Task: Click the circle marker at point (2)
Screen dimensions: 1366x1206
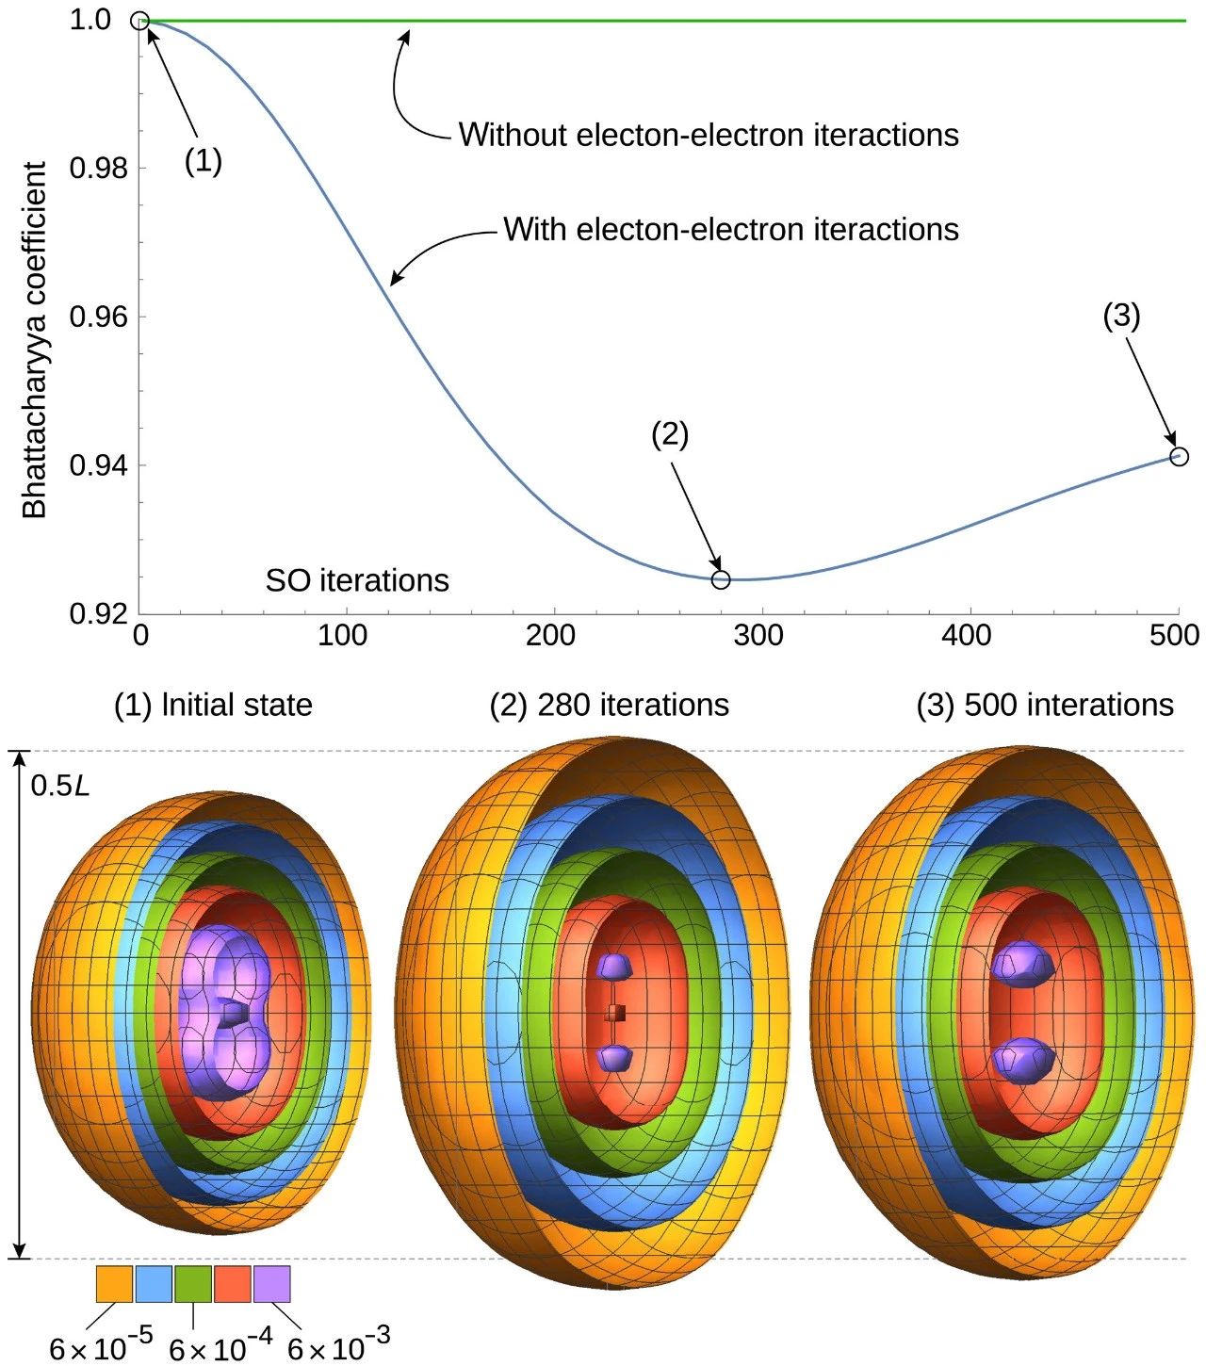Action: point(721,579)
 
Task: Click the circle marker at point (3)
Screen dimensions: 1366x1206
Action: point(1179,457)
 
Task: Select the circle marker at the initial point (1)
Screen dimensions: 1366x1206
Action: point(139,21)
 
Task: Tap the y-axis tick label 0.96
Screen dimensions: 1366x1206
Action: point(98,317)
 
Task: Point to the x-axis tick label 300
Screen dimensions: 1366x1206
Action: point(758,636)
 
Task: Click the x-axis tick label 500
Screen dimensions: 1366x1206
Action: point(1174,636)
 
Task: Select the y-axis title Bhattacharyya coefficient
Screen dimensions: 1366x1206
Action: point(35,339)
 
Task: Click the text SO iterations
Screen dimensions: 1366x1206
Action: point(357,580)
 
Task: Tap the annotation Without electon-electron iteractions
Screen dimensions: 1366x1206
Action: point(709,135)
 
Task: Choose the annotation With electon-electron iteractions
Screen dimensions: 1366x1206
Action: point(731,230)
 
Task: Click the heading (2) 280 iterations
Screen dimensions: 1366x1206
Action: point(609,705)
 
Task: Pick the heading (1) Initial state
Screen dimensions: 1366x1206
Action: point(213,705)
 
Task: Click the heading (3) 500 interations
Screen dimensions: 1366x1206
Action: point(1045,705)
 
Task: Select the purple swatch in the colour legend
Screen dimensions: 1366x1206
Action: point(272,1284)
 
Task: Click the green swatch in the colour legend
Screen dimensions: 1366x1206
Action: point(193,1284)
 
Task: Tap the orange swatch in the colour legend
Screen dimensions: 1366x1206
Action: point(114,1284)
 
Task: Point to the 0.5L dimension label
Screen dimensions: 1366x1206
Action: point(60,785)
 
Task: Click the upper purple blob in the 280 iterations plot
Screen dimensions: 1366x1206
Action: point(613,966)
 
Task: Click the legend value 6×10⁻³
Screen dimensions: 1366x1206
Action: point(338,1345)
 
